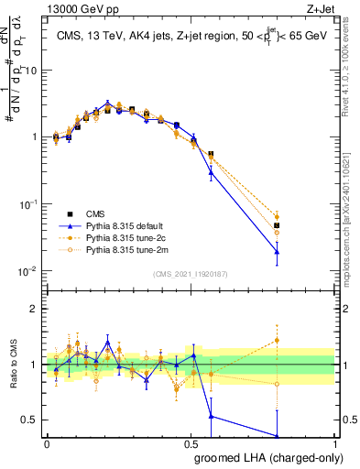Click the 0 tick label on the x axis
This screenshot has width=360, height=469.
coord(48,443)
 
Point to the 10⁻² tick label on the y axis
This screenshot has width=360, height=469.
coord(27,271)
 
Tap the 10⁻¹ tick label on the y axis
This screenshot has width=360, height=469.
coord(27,204)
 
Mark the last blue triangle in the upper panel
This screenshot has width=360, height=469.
coord(328,251)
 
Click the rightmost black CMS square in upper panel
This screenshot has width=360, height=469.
coord(328,225)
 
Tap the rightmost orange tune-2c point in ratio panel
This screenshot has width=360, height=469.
coord(328,340)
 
